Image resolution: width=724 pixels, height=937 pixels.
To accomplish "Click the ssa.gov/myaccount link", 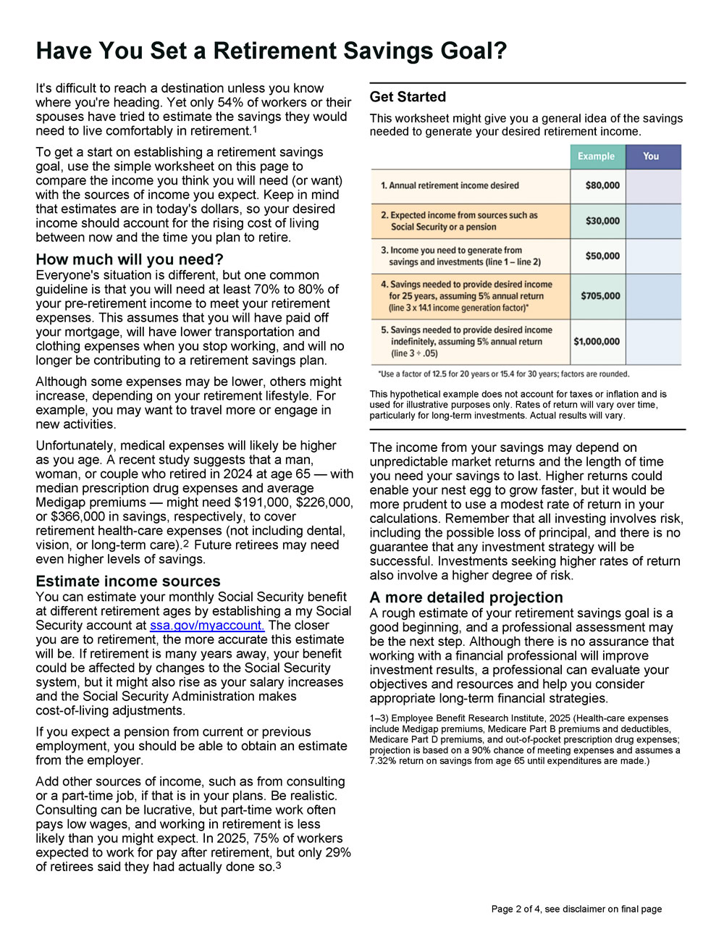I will point(207,626).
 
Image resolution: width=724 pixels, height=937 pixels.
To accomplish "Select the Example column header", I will point(596,156).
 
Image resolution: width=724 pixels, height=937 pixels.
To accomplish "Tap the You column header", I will point(651,156).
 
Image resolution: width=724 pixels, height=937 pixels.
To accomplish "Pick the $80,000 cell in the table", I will point(602,185).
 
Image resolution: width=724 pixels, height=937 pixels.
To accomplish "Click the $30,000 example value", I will point(602,221).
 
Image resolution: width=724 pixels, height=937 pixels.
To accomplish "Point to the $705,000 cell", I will point(600,296).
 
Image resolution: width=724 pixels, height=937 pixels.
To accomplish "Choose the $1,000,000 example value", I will point(597,342).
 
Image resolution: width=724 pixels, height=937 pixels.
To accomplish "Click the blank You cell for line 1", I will point(653,186).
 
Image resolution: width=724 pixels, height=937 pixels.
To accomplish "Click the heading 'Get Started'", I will point(408,97).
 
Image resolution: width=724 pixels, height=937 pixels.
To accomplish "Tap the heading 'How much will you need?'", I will point(130,260).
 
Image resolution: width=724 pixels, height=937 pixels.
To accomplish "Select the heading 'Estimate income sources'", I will point(128,581).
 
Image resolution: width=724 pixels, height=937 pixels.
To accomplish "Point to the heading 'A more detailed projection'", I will point(466,597).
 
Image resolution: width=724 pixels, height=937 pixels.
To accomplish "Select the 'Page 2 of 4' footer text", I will point(515,909).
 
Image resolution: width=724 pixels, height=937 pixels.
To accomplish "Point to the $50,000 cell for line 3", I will point(602,256).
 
